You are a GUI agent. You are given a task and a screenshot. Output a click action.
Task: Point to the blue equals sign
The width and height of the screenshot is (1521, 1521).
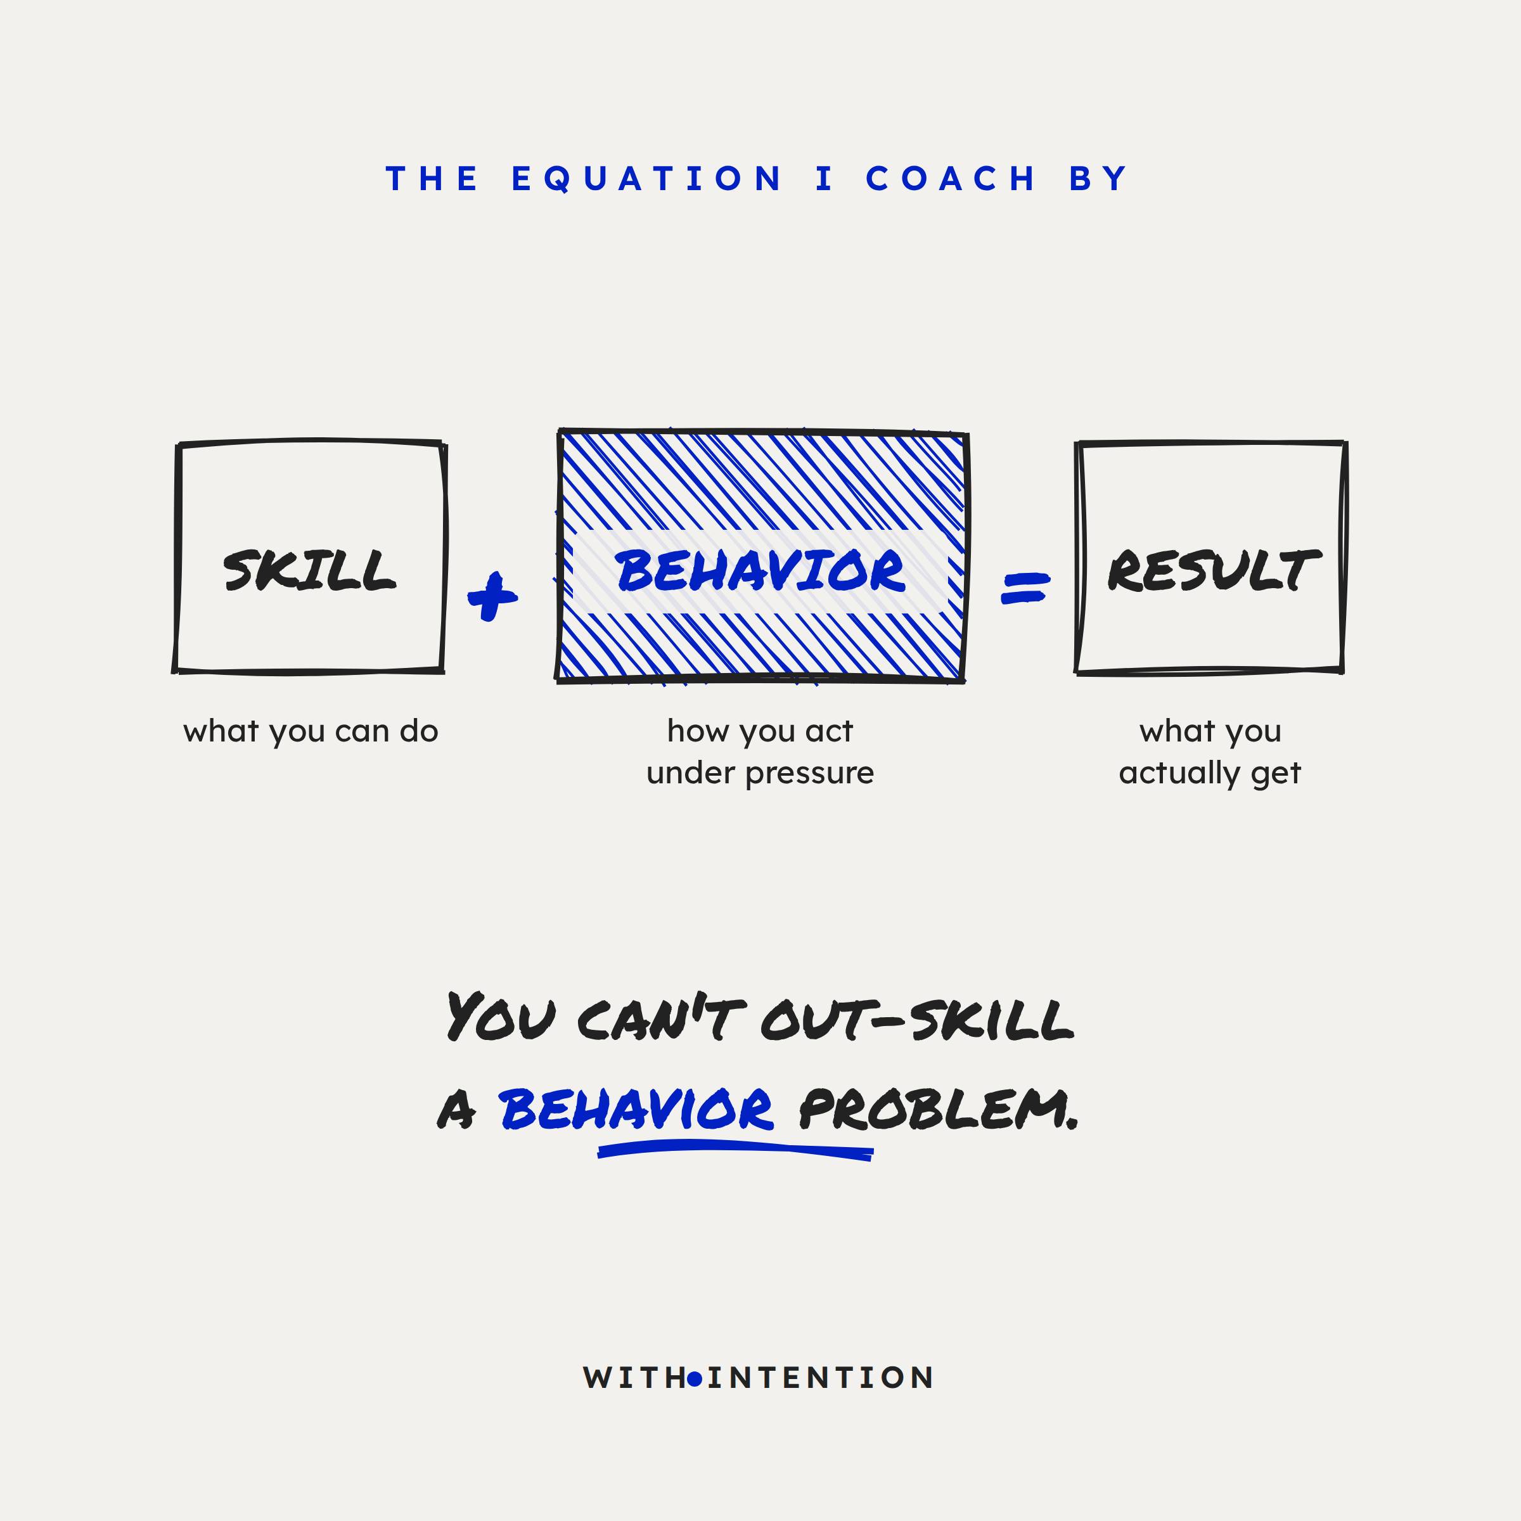pyautogui.click(x=1025, y=588)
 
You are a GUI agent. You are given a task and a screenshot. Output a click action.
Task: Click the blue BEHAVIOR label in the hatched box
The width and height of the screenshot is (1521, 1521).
pyautogui.click(x=760, y=571)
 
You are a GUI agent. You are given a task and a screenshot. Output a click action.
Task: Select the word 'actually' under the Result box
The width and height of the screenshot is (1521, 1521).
pyautogui.click(x=1179, y=773)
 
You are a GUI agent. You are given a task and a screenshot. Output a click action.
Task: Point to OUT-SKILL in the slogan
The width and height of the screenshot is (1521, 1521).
pyautogui.click(x=917, y=1018)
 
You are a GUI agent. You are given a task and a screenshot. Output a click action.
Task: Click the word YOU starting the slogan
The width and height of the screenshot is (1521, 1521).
pyautogui.click(x=501, y=1017)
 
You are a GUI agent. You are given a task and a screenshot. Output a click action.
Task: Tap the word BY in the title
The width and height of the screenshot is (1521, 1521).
pyautogui.click(x=1098, y=179)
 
